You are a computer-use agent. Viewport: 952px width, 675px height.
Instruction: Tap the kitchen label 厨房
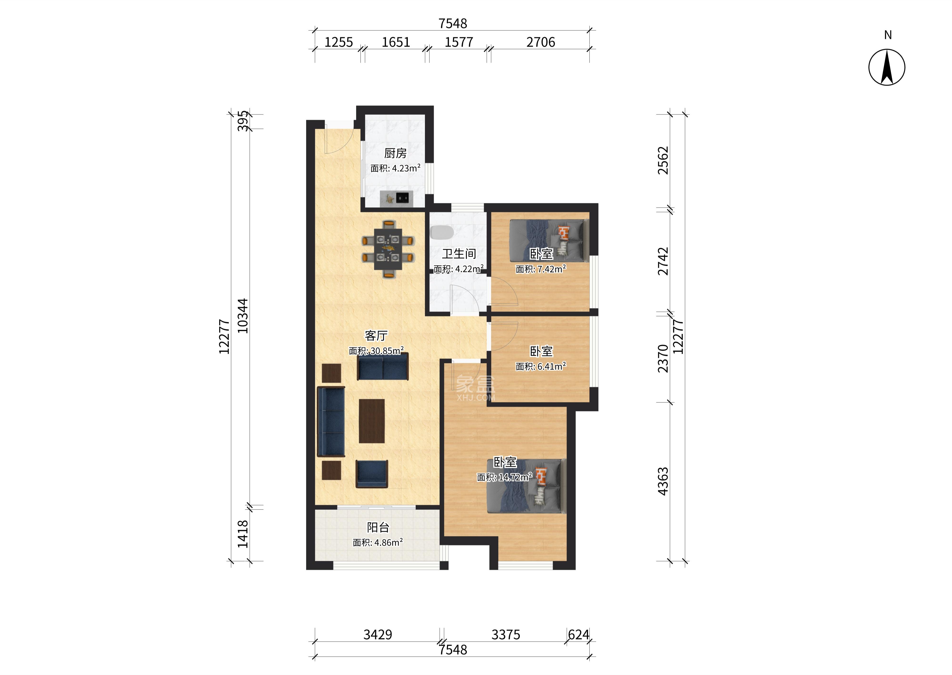pyautogui.click(x=395, y=153)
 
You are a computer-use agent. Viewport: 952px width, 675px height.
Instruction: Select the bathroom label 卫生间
pyautogui.click(x=459, y=254)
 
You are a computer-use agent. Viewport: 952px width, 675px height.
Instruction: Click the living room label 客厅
pyautogui.click(x=376, y=335)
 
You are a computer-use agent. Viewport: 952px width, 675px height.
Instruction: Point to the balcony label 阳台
pyautogui.click(x=378, y=527)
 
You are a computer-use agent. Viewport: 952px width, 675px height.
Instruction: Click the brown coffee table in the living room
pyautogui.click(x=372, y=421)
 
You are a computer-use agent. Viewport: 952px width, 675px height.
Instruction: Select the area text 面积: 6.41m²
pyautogui.click(x=541, y=366)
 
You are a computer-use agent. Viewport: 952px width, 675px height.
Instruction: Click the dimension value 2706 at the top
pyautogui.click(x=541, y=42)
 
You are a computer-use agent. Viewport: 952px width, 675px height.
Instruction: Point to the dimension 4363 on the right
pyautogui.click(x=663, y=481)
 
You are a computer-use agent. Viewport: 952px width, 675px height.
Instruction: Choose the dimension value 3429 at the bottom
pyautogui.click(x=378, y=634)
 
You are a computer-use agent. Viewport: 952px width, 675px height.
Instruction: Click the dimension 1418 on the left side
pyautogui.click(x=243, y=534)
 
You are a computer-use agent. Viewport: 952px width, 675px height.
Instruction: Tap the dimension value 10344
pyautogui.click(x=243, y=316)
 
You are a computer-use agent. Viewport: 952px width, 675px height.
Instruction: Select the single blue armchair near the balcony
pyautogui.click(x=372, y=474)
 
